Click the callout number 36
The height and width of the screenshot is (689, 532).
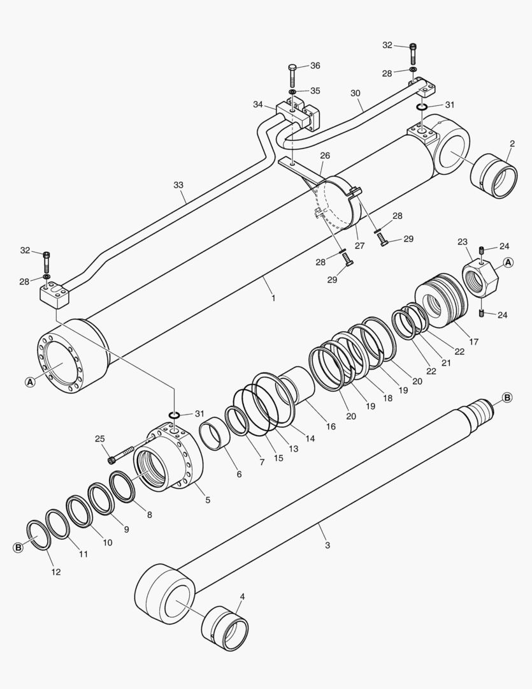(315, 66)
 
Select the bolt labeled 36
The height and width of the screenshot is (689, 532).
(292, 75)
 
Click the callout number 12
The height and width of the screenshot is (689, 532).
(56, 572)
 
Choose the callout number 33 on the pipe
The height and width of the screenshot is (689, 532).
(178, 185)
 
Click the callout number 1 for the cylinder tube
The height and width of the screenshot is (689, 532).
(273, 297)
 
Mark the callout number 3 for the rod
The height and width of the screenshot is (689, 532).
(327, 545)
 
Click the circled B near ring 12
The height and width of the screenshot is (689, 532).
(18, 547)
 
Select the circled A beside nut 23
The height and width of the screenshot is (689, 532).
(508, 262)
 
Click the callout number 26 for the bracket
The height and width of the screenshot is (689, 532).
(325, 155)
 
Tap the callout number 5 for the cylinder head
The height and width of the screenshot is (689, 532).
(208, 500)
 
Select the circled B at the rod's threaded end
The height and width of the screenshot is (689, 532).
(507, 398)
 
